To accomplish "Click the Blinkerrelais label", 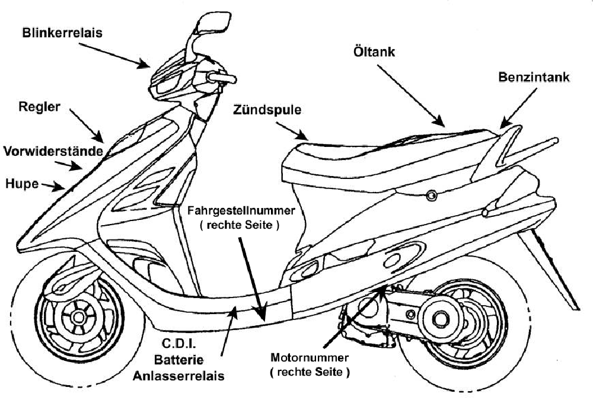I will pyautogui.click(x=62, y=33).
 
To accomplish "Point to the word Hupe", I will pyautogui.click(x=20, y=183).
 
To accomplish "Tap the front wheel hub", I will pyautogui.click(x=76, y=317).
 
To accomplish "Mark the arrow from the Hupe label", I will pyautogui.click(x=52, y=187).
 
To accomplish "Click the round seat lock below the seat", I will pyautogui.click(x=431, y=194).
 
